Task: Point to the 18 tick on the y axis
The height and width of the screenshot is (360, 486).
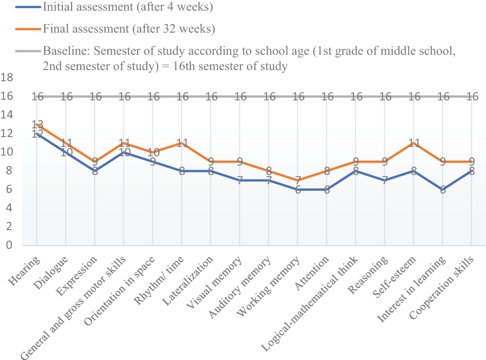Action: pyautogui.click(x=7, y=78)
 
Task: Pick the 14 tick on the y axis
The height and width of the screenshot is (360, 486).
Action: pyautogui.click(x=7, y=115)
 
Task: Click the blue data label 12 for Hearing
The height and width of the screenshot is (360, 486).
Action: pyautogui.click(x=37, y=134)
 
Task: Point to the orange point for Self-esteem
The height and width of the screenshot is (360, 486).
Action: pyautogui.click(x=414, y=143)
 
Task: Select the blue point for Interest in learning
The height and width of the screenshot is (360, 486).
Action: pyautogui.click(x=444, y=189)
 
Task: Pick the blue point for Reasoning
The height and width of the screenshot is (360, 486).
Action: pyautogui.click(x=385, y=180)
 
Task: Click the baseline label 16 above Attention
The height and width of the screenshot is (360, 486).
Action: pyautogui.click(x=327, y=96)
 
